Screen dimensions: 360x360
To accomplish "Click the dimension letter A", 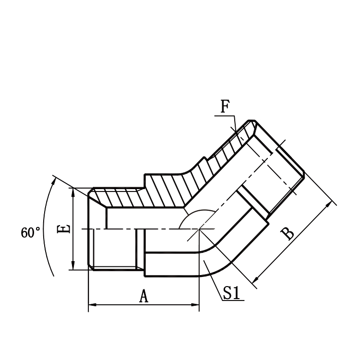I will pos(144,296).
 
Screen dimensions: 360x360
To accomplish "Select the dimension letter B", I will pos(288,233).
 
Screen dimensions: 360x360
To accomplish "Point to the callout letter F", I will pos(225,107).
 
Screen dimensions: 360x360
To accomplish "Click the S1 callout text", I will pos(232,293).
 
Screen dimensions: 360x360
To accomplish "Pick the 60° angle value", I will pos(31,233).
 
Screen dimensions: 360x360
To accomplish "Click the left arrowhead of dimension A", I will pos(92,305).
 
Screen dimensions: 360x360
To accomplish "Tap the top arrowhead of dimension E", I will pos(73,192).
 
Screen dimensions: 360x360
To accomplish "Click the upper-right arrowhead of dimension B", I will pos(330,205).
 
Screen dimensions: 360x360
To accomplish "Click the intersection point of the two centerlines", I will pos(199,229).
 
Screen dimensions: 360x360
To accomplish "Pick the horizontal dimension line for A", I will pos(144,305).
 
